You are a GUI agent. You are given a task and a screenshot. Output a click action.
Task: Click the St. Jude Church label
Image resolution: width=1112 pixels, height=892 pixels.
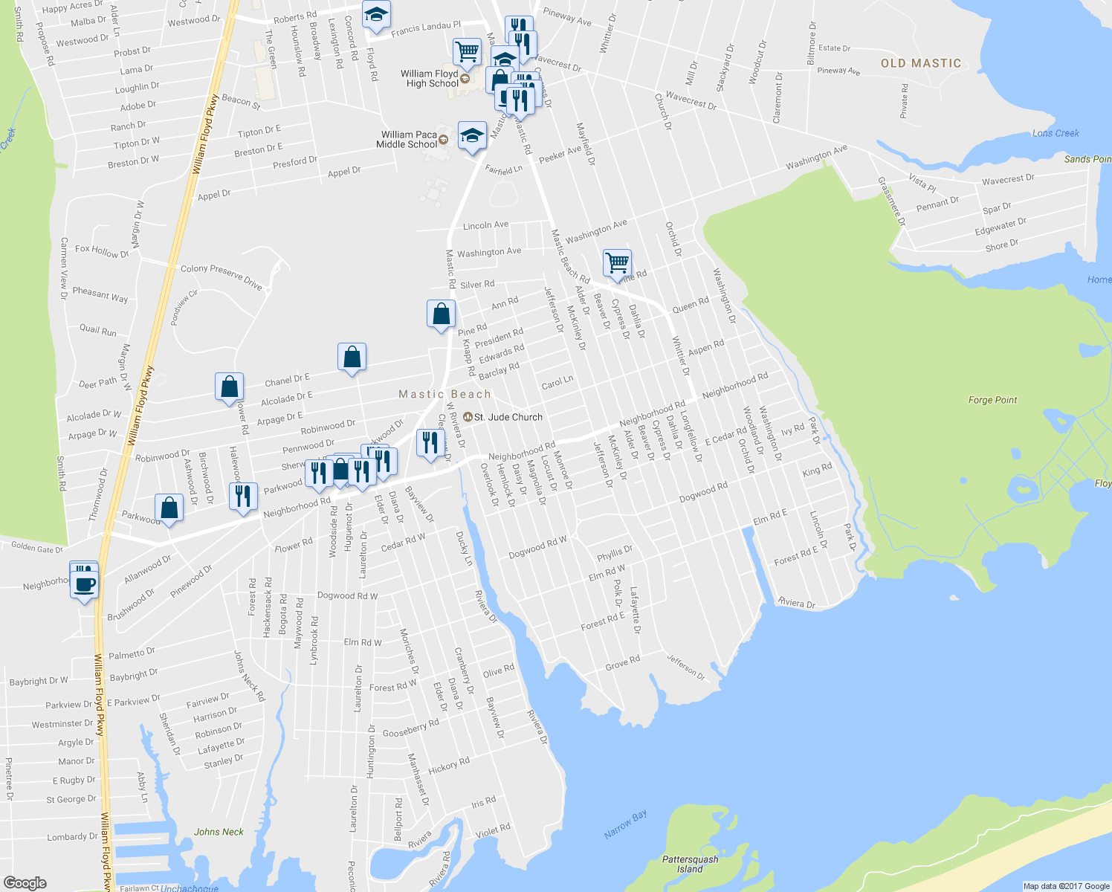[x=508, y=417]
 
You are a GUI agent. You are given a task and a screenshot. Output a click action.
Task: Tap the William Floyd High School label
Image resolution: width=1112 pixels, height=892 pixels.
[x=430, y=79]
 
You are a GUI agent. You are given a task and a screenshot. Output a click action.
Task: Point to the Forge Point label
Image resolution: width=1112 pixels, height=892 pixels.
[x=992, y=400]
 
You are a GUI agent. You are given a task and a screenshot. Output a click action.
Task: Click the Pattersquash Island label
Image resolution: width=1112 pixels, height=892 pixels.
[x=690, y=864]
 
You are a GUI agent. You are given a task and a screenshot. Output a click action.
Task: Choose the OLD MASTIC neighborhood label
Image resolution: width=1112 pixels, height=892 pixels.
[x=921, y=63]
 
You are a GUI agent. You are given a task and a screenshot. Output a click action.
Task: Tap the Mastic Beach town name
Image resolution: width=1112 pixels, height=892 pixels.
[x=445, y=394]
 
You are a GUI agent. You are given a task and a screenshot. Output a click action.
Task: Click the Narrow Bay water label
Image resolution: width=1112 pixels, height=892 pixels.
[x=625, y=824]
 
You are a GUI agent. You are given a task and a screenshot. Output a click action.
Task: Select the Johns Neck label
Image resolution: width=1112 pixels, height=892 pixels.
[x=219, y=832]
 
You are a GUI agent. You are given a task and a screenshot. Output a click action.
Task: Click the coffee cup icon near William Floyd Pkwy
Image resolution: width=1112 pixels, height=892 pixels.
[x=85, y=584]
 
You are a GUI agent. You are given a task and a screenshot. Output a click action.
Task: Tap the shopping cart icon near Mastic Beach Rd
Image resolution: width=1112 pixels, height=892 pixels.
[x=617, y=263]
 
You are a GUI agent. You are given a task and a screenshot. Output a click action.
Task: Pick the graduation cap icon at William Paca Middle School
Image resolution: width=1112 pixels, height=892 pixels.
[x=472, y=135]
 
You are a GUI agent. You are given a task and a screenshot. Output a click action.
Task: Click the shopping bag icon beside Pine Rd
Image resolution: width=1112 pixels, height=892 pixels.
[x=441, y=314]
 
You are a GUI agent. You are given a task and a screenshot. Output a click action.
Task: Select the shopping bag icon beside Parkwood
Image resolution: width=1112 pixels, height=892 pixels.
[x=169, y=508]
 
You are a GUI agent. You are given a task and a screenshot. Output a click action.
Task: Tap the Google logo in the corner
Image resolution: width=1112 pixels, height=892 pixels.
[x=25, y=883]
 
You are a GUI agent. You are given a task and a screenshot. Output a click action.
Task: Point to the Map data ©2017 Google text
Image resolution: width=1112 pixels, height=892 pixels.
[x=1066, y=886]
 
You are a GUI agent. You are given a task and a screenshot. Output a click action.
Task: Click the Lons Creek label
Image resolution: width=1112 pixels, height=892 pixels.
[x=1056, y=133]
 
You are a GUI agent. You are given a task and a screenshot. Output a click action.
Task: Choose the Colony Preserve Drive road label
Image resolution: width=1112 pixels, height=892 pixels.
[x=222, y=277]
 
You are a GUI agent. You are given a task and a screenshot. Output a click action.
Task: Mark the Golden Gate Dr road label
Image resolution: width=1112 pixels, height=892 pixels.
[x=37, y=549]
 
